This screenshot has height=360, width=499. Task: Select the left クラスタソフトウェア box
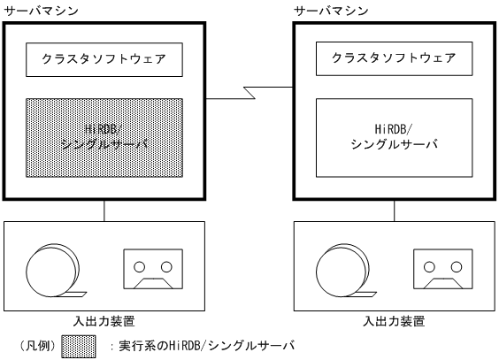[x=104, y=60]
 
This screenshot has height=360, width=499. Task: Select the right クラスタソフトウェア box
[x=394, y=60]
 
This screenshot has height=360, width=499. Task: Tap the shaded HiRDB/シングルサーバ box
[x=104, y=138]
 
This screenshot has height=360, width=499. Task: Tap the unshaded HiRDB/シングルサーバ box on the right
[x=394, y=138]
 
